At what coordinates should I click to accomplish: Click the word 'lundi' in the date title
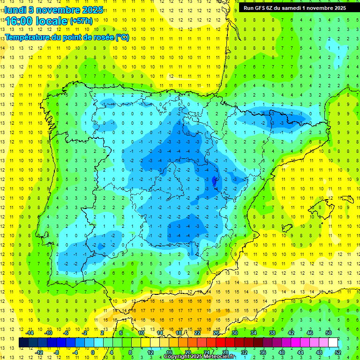click(15, 9)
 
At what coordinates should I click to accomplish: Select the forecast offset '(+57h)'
click(81, 21)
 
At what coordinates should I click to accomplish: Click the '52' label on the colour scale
click(338, 352)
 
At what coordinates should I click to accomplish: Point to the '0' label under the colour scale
click(93, 352)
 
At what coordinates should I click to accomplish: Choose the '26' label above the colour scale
click(216, 333)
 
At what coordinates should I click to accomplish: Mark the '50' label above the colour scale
click(328, 333)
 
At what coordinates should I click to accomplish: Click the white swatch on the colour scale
click(333, 342)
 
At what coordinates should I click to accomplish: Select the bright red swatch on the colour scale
click(220, 342)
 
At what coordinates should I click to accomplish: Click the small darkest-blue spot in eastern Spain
click(215, 180)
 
